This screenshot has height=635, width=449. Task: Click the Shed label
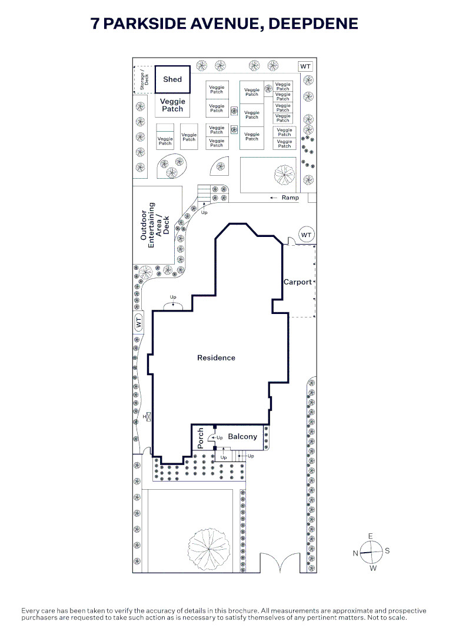[172, 79]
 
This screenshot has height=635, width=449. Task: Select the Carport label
[297, 282]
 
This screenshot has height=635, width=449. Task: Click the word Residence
[216, 357]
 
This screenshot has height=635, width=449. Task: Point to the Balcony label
[242, 436]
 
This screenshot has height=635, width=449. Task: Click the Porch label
[200, 438]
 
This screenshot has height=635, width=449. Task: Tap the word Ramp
[290, 198]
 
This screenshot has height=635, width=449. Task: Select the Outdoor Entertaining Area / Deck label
[155, 225]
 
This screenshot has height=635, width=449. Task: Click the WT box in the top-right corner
[305, 66]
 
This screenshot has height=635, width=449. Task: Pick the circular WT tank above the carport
[307, 235]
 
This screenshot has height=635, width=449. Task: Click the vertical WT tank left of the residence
[139, 322]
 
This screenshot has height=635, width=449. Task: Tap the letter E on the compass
[370, 536]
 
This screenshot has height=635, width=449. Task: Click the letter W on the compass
[373, 568]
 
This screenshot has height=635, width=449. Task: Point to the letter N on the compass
[355, 553]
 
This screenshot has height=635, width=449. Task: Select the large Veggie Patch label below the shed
[172, 105]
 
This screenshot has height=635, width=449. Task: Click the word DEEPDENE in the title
[313, 24]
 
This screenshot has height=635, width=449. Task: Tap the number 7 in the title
[95, 24]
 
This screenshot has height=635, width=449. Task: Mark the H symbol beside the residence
[147, 416]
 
